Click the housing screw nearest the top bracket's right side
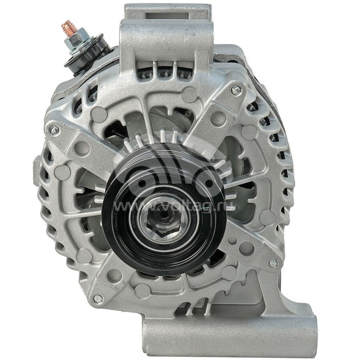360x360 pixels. (235, 90)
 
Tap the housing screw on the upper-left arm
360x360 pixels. (54, 130)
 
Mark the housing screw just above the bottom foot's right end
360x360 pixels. (272, 263)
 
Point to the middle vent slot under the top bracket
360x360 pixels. (166, 67)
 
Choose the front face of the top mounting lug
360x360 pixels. (166, 38)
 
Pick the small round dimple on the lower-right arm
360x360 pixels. (246, 247)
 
